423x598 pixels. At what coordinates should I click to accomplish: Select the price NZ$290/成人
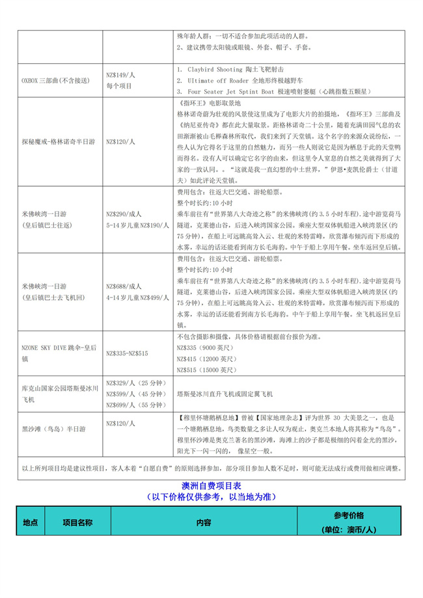click(x=124, y=213)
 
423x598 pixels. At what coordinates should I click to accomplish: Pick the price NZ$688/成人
click(x=124, y=286)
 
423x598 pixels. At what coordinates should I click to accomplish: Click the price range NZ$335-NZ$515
click(x=127, y=353)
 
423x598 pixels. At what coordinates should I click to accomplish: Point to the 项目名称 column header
click(x=77, y=522)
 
